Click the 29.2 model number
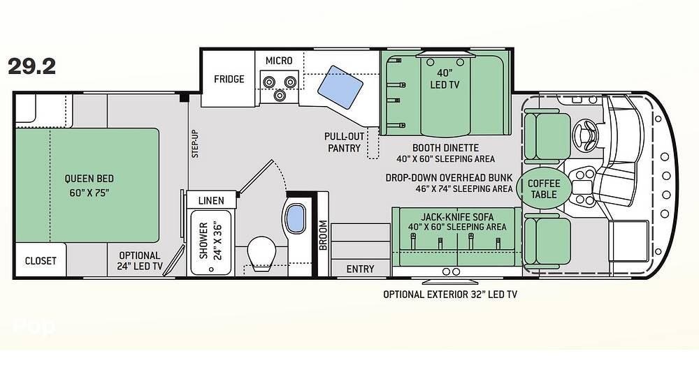click(31, 66)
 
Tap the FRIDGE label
click(229, 79)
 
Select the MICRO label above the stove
click(279, 61)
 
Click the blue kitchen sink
click(340, 87)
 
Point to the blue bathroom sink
click(295, 218)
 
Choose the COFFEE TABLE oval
click(543, 188)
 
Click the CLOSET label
click(41, 261)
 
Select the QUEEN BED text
click(89, 179)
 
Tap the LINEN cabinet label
click(211, 201)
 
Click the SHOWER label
click(203, 241)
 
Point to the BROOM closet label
click(324, 235)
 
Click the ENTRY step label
click(360, 269)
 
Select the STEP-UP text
click(195, 144)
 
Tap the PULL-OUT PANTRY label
click(344, 142)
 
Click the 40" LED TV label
click(445, 78)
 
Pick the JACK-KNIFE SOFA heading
click(457, 217)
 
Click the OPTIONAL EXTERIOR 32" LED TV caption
click(450, 294)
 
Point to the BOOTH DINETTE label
click(445, 148)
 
